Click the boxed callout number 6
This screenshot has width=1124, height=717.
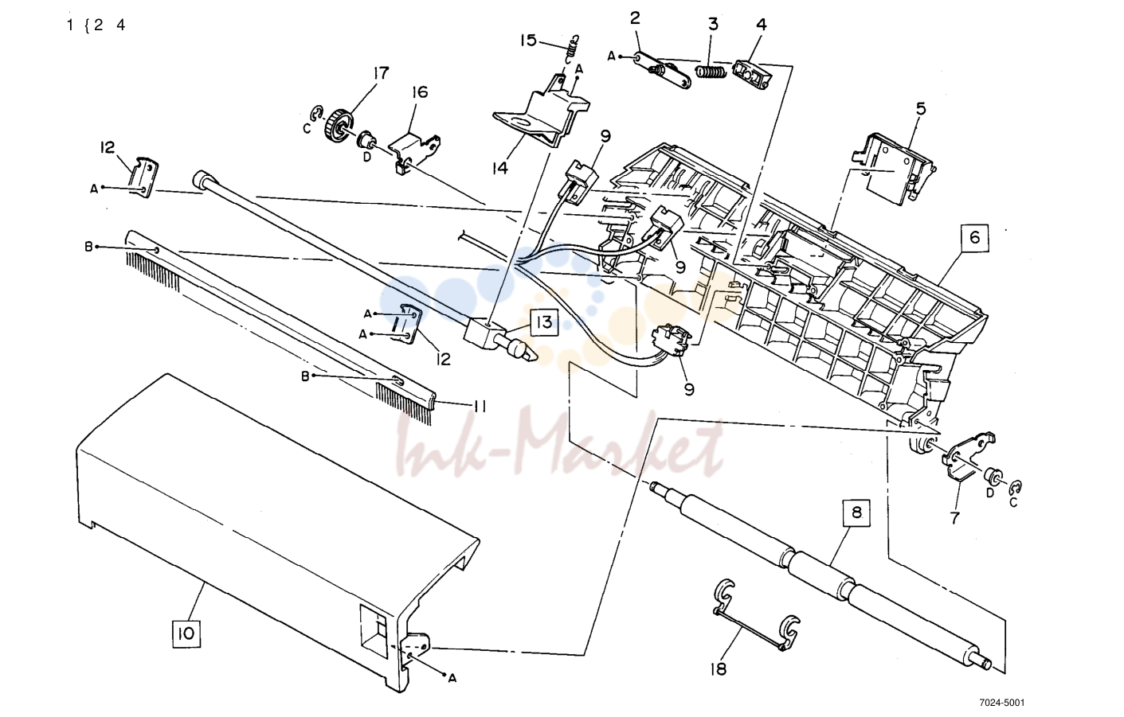click(x=974, y=237)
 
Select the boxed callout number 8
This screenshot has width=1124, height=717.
click(x=856, y=512)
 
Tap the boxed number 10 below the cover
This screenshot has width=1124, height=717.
click(x=186, y=633)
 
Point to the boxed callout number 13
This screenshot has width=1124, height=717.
click(x=544, y=322)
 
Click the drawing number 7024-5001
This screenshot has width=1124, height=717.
click(x=1001, y=703)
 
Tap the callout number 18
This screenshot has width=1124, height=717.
click(x=719, y=669)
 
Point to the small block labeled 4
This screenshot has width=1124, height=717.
click(x=751, y=76)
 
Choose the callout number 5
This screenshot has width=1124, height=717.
click(x=921, y=109)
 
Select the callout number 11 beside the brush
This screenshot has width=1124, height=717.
click(x=480, y=406)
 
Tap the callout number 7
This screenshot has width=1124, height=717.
click(x=954, y=517)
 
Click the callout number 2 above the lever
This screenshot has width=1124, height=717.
click(x=635, y=18)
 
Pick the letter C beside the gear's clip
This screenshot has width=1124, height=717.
click(x=307, y=130)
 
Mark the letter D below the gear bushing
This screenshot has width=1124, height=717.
click(x=366, y=157)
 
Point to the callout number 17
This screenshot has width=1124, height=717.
click(x=381, y=73)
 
